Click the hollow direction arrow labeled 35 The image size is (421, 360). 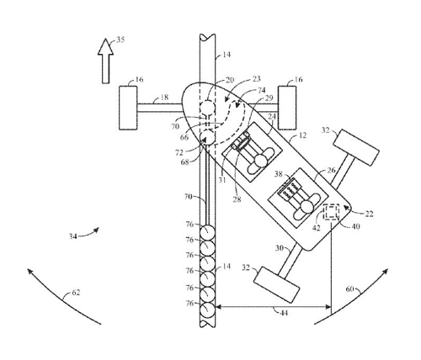point(105,61)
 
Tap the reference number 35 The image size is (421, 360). point(120,40)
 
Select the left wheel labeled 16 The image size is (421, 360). point(128,108)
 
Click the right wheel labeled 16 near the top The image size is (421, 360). point(287,108)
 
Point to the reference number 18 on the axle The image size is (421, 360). point(164,98)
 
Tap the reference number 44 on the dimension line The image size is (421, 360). point(284,313)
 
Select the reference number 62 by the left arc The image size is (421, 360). point(76,293)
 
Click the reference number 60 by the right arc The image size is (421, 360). point(349,289)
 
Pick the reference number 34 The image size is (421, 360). point(73,236)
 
